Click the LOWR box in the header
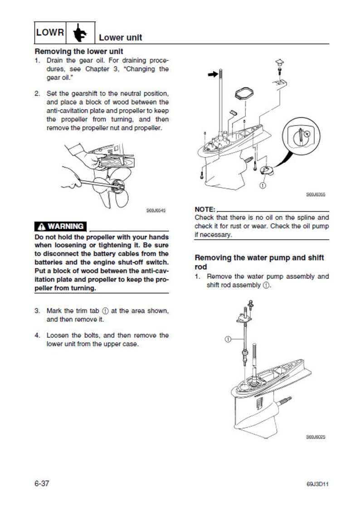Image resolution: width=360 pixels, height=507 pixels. point(50,33)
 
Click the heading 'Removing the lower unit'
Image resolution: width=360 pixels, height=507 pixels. point(79,52)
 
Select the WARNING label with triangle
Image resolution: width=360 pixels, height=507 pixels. point(61,227)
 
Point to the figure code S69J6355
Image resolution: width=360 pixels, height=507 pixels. point(316,195)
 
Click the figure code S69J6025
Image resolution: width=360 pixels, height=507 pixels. point(316,437)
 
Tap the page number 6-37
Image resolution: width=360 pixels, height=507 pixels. point(42,483)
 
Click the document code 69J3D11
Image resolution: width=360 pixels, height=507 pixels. point(317,484)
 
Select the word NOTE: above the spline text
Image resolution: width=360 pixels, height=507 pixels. point(205,210)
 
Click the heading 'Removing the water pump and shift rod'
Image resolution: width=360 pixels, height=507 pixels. point(259,262)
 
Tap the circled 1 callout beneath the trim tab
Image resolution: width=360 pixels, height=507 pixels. point(263,184)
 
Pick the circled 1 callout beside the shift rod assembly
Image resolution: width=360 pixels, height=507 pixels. point(228,338)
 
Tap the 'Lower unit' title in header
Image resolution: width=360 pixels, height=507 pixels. point(120,37)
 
